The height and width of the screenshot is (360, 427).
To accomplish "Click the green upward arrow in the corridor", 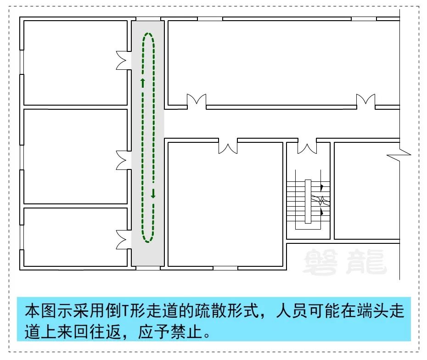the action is [x=142, y=83].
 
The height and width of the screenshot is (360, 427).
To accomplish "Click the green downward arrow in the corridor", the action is [x=153, y=193].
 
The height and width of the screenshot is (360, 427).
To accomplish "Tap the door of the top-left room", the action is [x=122, y=60].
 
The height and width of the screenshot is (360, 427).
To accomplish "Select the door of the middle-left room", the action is [x=122, y=160].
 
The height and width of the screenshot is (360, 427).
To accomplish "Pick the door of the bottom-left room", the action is [x=122, y=240].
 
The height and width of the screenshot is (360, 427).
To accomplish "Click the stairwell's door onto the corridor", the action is [x=307, y=147].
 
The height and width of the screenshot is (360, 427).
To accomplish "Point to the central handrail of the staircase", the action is [x=308, y=202].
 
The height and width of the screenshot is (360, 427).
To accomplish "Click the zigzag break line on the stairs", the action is [x=321, y=200].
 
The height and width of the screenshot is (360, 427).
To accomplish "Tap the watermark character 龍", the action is [x=366, y=262].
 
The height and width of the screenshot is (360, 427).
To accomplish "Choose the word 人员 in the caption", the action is [x=292, y=311].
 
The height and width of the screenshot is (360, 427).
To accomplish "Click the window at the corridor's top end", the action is [x=148, y=19].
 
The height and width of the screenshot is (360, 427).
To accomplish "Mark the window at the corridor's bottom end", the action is [x=148, y=268].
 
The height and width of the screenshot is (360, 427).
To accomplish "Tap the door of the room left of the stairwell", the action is [x=228, y=147].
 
